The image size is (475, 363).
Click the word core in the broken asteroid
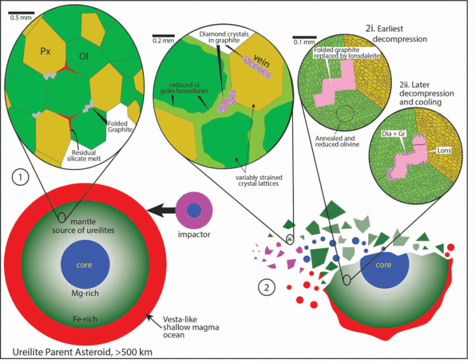tap(384, 265)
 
